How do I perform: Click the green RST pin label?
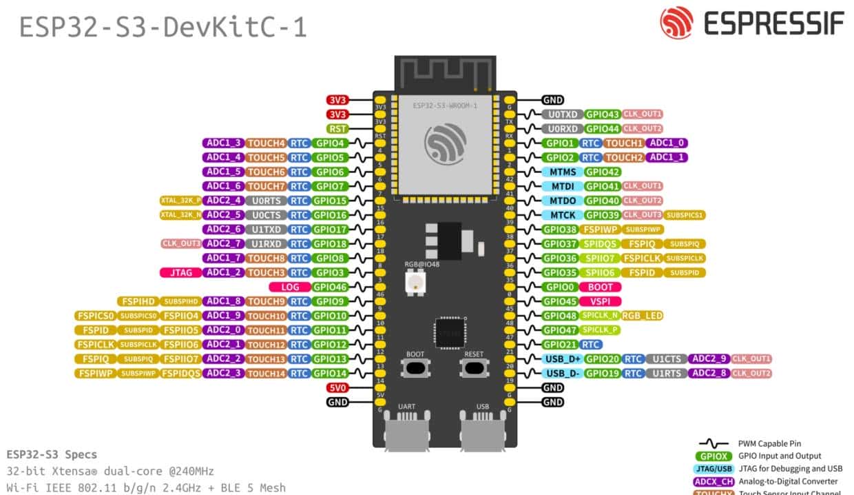coord(337,129)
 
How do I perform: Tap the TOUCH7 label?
coord(266,186)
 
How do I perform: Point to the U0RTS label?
coord(266,201)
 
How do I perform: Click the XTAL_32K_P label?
coord(180,201)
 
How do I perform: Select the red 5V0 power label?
coord(337,387)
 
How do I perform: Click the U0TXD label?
coord(562,114)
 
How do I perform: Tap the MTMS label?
coord(562,172)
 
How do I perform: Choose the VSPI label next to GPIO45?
coord(601,301)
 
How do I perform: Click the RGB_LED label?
coord(642,316)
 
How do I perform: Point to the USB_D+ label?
coord(562,358)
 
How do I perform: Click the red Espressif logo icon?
coord(676,23)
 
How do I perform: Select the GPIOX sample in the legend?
coord(714,456)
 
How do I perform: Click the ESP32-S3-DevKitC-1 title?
coord(163,28)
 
